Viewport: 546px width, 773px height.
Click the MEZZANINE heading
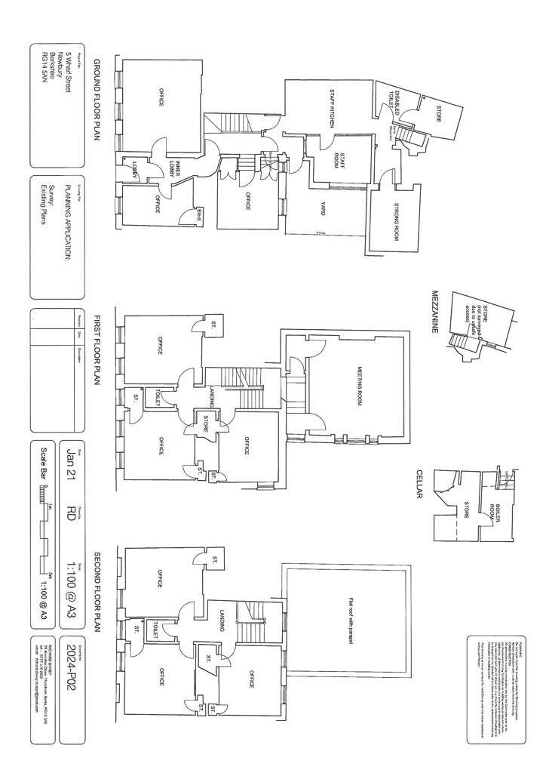(x=435, y=316)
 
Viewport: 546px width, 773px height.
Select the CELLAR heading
(x=419, y=484)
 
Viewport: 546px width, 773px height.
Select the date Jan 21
(x=72, y=462)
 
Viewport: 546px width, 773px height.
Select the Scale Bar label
(x=43, y=463)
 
